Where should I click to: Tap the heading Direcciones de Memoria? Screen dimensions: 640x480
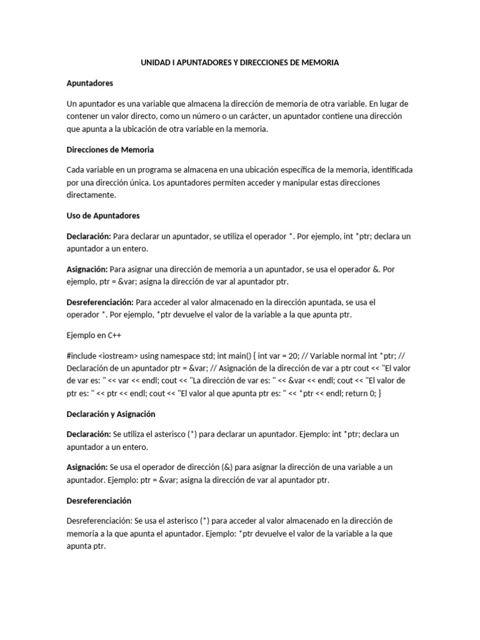[110, 149]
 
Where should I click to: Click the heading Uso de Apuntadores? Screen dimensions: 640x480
[102, 216]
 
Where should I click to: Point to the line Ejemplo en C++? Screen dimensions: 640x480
[93, 335]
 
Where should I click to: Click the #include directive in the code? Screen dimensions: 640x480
[82, 354]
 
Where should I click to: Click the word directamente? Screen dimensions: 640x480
[91, 196]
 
